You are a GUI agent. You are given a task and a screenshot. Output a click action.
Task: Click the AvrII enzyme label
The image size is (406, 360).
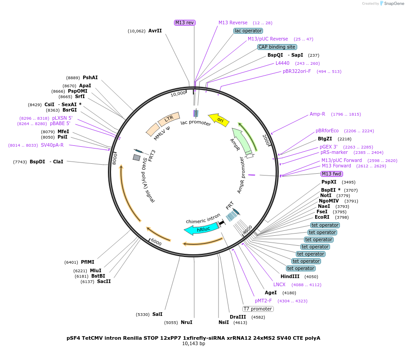(155, 31)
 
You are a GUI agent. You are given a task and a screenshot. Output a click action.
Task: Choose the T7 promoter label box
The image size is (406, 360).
(258, 309)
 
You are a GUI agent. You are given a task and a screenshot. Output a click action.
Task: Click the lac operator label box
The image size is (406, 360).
(248, 31)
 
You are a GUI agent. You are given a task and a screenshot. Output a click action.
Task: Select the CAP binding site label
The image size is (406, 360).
(277, 47)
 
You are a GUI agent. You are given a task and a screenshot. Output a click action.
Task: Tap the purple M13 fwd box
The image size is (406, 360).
(331, 174)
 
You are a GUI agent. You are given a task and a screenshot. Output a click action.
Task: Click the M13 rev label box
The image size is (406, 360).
(184, 22)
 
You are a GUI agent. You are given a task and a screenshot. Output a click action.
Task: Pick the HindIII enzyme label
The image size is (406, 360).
(290, 276)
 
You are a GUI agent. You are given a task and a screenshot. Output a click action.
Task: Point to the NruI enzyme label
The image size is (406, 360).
(186, 322)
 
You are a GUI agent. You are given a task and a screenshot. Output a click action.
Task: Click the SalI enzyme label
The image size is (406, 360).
(157, 314)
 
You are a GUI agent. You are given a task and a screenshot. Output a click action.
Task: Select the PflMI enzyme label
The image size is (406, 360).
(88, 262)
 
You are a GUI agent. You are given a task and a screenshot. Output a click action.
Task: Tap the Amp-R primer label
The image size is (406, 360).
(317, 114)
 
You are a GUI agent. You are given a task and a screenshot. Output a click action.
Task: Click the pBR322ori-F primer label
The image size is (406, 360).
(297, 71)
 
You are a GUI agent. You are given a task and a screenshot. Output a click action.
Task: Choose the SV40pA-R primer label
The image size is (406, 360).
(52, 145)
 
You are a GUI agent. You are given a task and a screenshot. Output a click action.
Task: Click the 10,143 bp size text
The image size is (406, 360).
(193, 344)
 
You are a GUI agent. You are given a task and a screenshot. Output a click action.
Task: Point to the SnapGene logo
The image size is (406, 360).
(390, 4)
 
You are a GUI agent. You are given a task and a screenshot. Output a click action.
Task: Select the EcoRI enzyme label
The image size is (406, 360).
(322, 217)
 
